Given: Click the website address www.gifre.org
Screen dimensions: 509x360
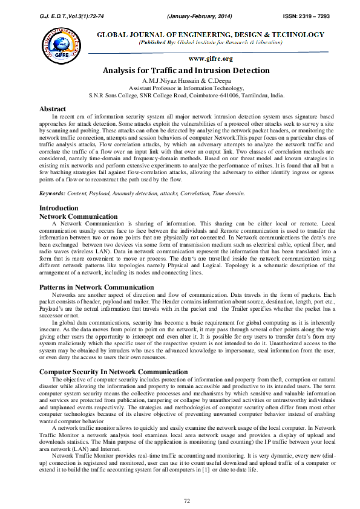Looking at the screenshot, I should pos(211,59).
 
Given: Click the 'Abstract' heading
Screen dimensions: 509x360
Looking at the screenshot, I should pos(53,109).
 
